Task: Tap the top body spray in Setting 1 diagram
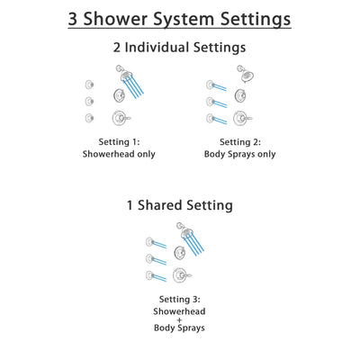(88, 84)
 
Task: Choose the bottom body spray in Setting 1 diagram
(88, 119)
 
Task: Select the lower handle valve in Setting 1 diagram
(118, 117)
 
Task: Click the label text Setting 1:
(118, 141)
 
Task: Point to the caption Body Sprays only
(242, 154)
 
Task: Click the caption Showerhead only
(118, 154)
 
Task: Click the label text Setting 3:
(180, 297)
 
